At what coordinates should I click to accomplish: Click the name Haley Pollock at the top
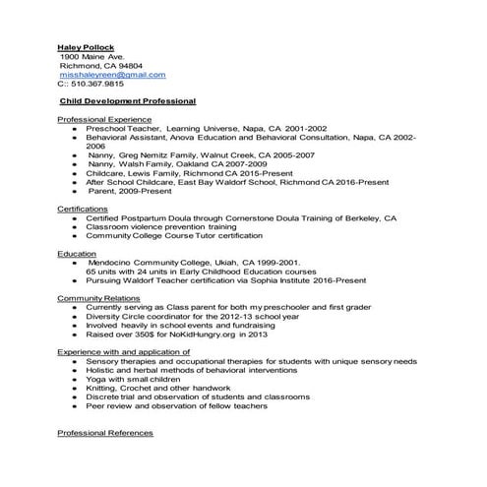pyautogui.click(x=86, y=47)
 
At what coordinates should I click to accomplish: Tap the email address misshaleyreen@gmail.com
pyautogui.click(x=112, y=75)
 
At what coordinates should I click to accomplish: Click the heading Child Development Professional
pyautogui.click(x=127, y=101)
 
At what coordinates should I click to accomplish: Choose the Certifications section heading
pyautogui.click(x=83, y=209)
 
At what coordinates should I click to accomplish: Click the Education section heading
pyautogui.click(x=77, y=254)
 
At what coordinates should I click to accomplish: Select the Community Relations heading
pyautogui.click(x=99, y=298)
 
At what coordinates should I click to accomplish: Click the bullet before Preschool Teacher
pyautogui.click(x=74, y=128)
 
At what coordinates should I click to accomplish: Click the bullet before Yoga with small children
pyautogui.click(x=74, y=379)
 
